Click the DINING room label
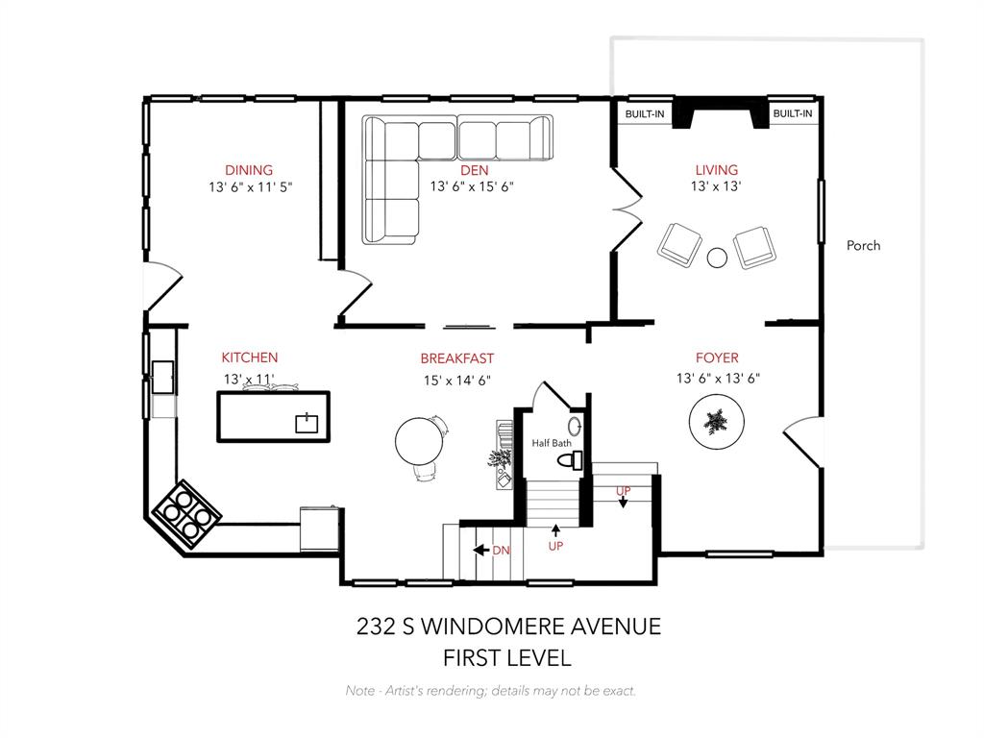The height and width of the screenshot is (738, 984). (249, 170)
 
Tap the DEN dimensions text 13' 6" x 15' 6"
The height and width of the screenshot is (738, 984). (473, 187)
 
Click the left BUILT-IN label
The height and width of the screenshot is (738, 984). (645, 114)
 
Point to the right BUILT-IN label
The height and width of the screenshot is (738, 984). (793, 114)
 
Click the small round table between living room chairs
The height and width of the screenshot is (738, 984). (717, 257)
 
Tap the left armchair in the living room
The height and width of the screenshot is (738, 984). (679, 245)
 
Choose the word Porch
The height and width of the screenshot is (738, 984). (863, 246)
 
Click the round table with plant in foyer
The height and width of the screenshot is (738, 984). (715, 422)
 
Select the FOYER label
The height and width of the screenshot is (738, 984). (717, 358)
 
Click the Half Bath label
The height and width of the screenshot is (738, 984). (552, 443)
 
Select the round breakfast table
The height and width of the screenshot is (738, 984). (420, 441)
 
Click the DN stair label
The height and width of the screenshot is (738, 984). (501, 551)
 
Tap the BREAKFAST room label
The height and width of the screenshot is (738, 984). (456, 359)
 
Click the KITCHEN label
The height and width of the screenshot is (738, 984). (250, 357)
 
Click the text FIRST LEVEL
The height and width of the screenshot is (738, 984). (506, 658)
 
